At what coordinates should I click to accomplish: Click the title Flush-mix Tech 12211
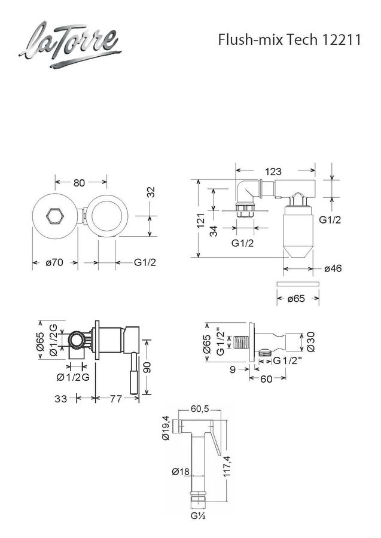click(289, 40)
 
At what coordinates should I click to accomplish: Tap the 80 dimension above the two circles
click(79, 183)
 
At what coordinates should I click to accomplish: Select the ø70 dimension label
click(54, 263)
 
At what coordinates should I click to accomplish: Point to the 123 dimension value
click(273, 171)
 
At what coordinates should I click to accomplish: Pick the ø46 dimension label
click(333, 268)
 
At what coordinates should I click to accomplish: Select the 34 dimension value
click(214, 231)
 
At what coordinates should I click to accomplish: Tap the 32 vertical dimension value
click(151, 192)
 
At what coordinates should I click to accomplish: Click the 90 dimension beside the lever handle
click(147, 368)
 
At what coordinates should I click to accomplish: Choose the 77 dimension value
click(115, 399)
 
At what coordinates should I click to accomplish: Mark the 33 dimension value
click(61, 399)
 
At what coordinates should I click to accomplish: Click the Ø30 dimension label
click(311, 342)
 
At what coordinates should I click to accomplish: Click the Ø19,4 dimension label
click(166, 427)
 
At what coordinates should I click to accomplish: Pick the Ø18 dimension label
click(181, 472)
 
